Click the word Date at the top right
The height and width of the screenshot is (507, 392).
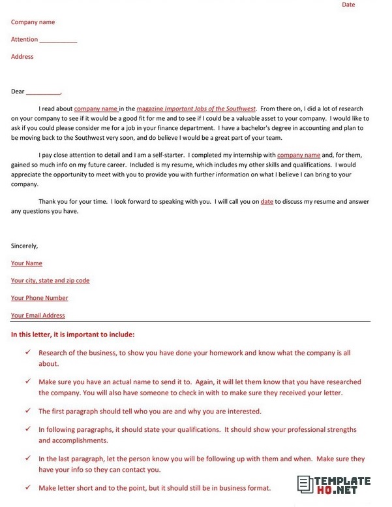(x=348, y=5)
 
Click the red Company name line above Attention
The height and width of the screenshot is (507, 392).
(x=33, y=22)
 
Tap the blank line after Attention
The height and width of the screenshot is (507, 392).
(x=58, y=41)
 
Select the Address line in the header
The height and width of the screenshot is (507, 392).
(x=22, y=57)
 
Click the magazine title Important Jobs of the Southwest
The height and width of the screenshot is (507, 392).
(x=210, y=109)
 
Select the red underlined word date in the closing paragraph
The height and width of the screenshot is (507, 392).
(x=267, y=202)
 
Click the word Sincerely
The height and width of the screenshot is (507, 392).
(x=25, y=246)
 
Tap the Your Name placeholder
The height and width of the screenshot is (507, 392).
(x=27, y=263)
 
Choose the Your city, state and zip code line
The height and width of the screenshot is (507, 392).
(x=50, y=281)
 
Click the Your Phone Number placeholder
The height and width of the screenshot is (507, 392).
(x=39, y=298)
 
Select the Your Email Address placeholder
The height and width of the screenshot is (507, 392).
(x=38, y=316)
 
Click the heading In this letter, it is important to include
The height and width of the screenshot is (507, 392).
(x=73, y=335)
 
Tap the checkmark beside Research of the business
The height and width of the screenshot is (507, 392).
(x=27, y=352)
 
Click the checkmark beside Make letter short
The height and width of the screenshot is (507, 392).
(x=27, y=487)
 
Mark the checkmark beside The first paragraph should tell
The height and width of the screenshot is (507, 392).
(x=27, y=411)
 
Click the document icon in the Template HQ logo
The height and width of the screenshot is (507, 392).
(x=305, y=484)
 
